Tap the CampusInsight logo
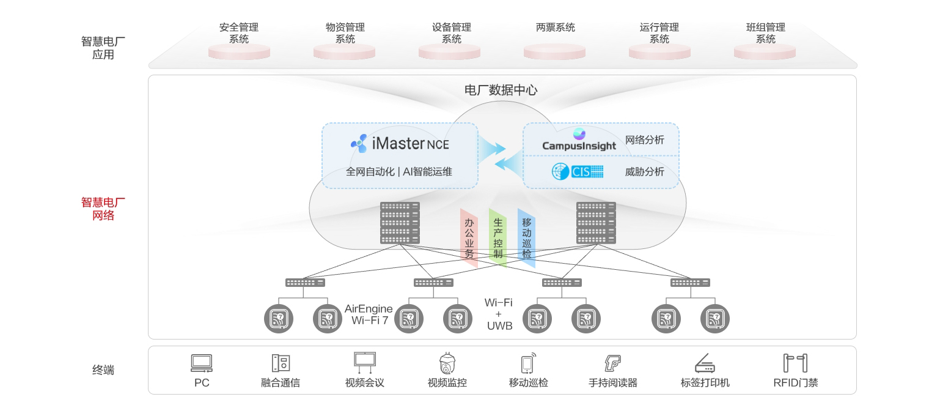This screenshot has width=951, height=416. tap(579, 140)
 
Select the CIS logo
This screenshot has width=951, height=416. tap(578, 171)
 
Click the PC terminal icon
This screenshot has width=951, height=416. tap(202, 363)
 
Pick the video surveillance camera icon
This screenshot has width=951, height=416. tap(447, 363)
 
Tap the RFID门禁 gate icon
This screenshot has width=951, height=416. tap(795, 363)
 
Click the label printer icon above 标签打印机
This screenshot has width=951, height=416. tap(705, 363)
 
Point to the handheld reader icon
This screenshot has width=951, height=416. tap(612, 363)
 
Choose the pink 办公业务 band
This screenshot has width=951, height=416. tap(469, 237)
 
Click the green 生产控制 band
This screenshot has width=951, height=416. tap(498, 237)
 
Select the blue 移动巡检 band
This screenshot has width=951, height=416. tap(526, 237)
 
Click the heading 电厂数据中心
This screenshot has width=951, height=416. tap(501, 91)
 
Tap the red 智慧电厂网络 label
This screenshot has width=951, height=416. tap(103, 209)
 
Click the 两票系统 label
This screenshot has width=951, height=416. tap(555, 28)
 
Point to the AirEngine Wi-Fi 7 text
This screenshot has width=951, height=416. tap(369, 314)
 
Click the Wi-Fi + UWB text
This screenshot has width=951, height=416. tap(499, 314)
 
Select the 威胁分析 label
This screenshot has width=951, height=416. tap(644, 171)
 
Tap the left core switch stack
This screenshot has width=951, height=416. tap(400, 223)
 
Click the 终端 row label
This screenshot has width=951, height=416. tap(103, 370)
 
